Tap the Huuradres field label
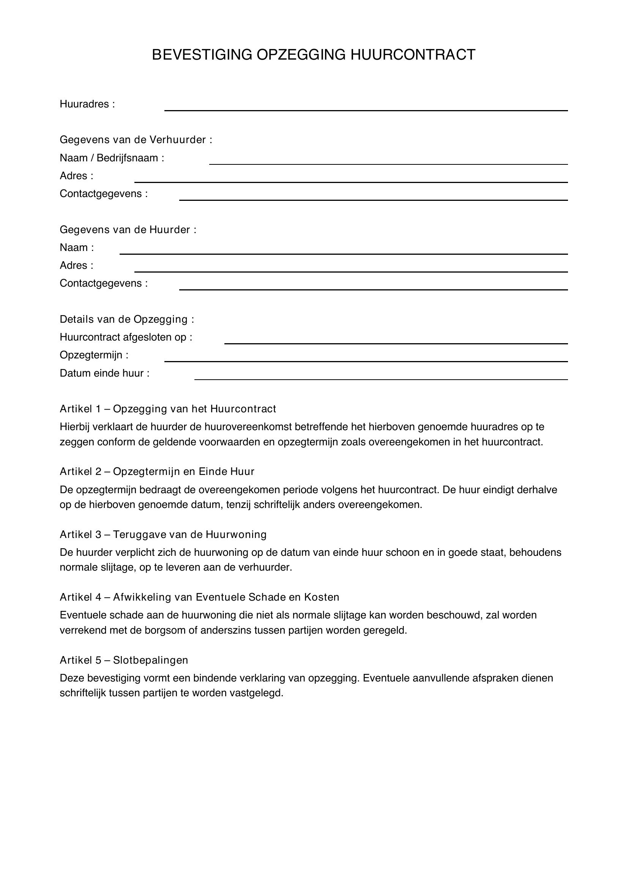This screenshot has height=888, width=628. tap(87, 104)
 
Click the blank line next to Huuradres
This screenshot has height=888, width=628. tap(366, 110)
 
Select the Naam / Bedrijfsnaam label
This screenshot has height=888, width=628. tap(112, 158)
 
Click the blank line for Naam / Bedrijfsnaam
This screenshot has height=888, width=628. tap(388, 164)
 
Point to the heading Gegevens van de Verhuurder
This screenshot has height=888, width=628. tap(136, 140)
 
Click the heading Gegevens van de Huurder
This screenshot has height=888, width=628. tap(128, 230)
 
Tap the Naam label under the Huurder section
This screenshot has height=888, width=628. tap(77, 248)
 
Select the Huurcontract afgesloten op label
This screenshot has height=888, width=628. tap(126, 337)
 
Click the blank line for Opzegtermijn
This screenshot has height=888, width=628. tap(366, 361)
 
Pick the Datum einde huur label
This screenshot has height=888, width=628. tap(104, 373)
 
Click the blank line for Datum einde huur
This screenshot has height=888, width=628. tap(381, 379)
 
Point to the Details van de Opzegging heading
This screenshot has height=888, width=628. tap(126, 319)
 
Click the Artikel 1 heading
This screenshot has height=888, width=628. tap(168, 409)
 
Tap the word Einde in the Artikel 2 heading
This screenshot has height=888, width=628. tap(213, 472)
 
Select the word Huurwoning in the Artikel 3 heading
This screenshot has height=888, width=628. tap(236, 535)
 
